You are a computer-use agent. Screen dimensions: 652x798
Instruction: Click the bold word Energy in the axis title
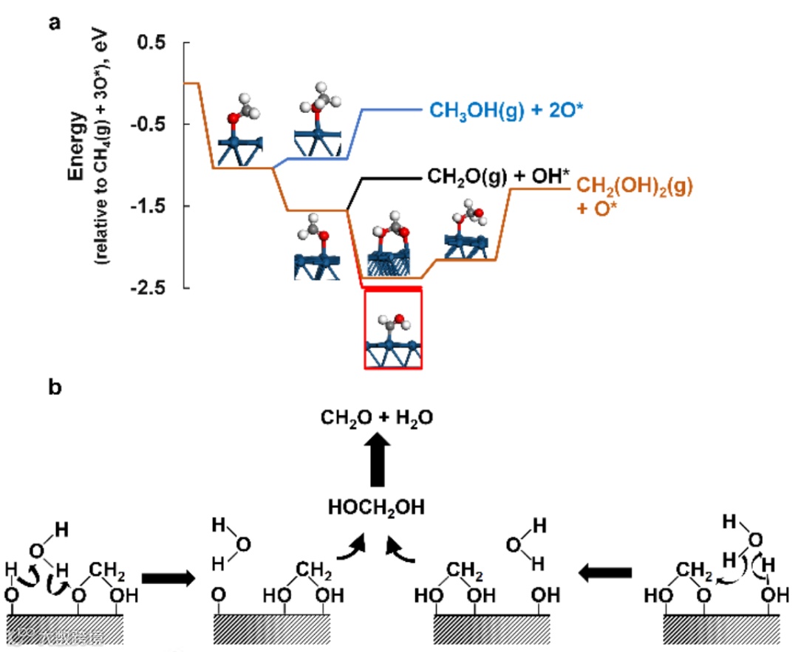tap(78, 147)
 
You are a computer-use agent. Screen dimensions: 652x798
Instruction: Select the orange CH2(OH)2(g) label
tap(634, 186)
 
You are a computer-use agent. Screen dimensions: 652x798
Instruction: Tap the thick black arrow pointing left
tap(607, 572)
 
